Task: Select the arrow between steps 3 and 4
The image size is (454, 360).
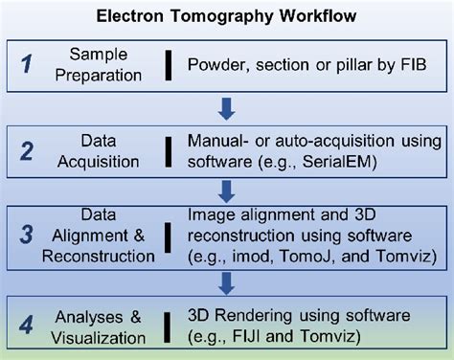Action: (x=227, y=282)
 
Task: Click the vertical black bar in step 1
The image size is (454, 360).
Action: (x=170, y=64)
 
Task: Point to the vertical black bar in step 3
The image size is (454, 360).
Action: (x=170, y=233)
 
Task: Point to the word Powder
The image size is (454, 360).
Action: (x=216, y=64)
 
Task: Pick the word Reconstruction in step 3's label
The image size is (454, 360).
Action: (x=106, y=256)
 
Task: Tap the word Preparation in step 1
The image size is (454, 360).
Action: (x=106, y=75)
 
